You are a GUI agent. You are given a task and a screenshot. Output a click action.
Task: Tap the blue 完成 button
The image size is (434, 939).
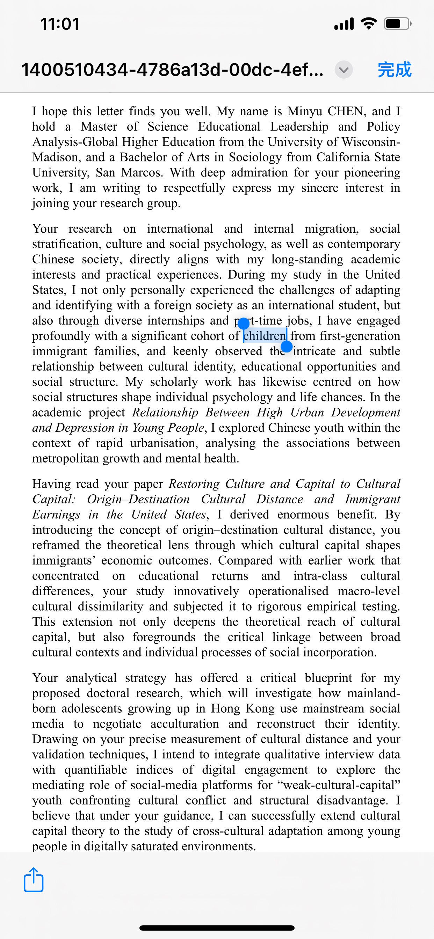(394, 69)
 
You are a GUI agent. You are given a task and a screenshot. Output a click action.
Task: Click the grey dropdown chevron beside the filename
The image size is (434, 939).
(343, 69)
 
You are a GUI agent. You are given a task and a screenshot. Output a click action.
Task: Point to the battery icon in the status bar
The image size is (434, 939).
(397, 24)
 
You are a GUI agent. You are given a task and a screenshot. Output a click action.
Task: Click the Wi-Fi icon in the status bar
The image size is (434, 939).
(369, 24)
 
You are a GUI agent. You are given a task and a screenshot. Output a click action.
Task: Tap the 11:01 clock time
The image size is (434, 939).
(60, 24)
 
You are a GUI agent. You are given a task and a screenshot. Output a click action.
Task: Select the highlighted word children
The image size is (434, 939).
(265, 336)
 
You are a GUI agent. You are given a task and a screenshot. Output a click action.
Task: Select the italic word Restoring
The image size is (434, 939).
(194, 484)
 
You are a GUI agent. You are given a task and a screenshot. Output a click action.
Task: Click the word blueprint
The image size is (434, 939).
(328, 678)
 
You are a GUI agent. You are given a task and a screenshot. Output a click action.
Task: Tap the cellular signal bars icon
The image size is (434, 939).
(344, 24)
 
